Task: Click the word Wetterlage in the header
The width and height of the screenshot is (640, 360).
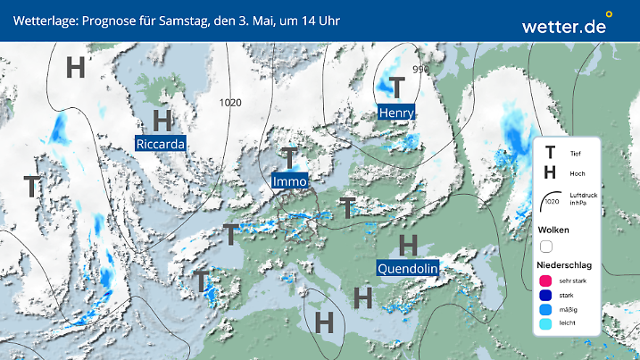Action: (40, 20)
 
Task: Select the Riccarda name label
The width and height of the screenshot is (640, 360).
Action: (162, 143)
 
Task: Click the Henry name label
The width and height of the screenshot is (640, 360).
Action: (396, 113)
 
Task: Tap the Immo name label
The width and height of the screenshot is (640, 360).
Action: (290, 181)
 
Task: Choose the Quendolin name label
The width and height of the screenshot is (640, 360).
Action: (407, 267)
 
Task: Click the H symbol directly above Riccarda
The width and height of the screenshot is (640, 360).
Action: (162, 120)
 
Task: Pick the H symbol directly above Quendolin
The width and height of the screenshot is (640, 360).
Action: (408, 243)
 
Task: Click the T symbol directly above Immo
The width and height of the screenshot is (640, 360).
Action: (289, 158)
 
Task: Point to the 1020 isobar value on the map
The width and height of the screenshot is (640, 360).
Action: (230, 103)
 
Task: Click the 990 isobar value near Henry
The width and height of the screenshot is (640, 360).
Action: (420, 69)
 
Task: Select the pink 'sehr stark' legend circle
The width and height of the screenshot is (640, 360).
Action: (546, 281)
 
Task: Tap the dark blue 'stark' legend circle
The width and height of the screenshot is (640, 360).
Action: (546, 296)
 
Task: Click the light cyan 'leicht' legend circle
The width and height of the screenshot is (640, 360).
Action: (546, 323)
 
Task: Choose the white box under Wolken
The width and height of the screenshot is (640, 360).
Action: (546, 246)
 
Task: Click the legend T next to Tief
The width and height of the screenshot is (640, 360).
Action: (551, 154)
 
